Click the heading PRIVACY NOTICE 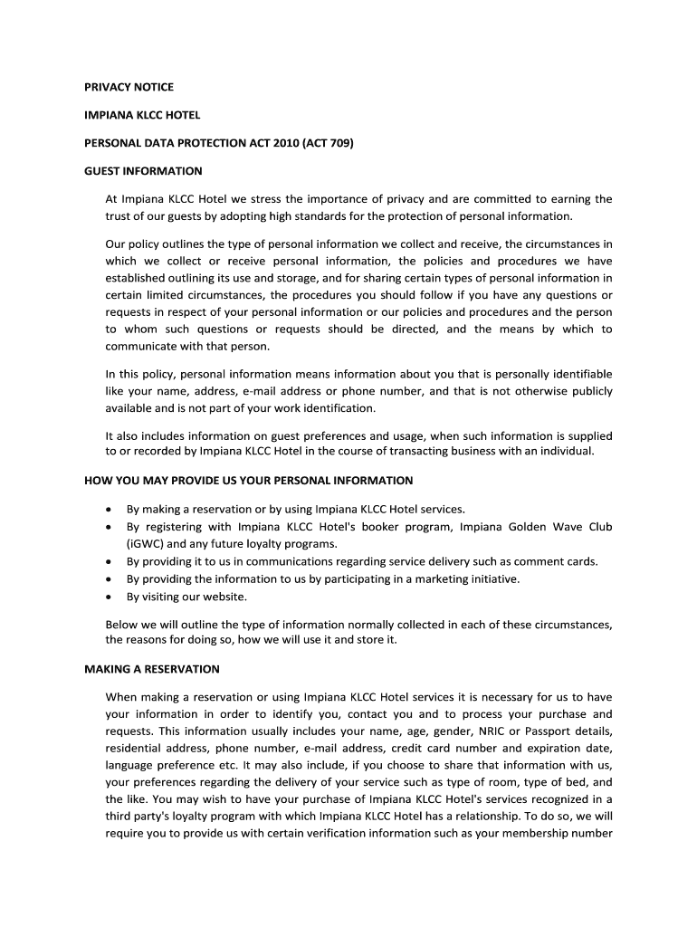click(x=129, y=87)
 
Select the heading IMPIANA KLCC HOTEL click(x=142, y=115)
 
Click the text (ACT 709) click(x=329, y=143)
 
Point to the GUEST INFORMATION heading click(x=143, y=171)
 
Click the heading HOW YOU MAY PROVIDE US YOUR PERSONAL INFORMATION click(x=248, y=481)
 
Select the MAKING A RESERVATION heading click(x=152, y=670)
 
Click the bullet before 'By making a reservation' click(x=110, y=510)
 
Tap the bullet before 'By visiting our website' click(x=110, y=597)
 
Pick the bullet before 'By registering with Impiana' click(x=110, y=527)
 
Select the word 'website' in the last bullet click(x=225, y=597)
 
